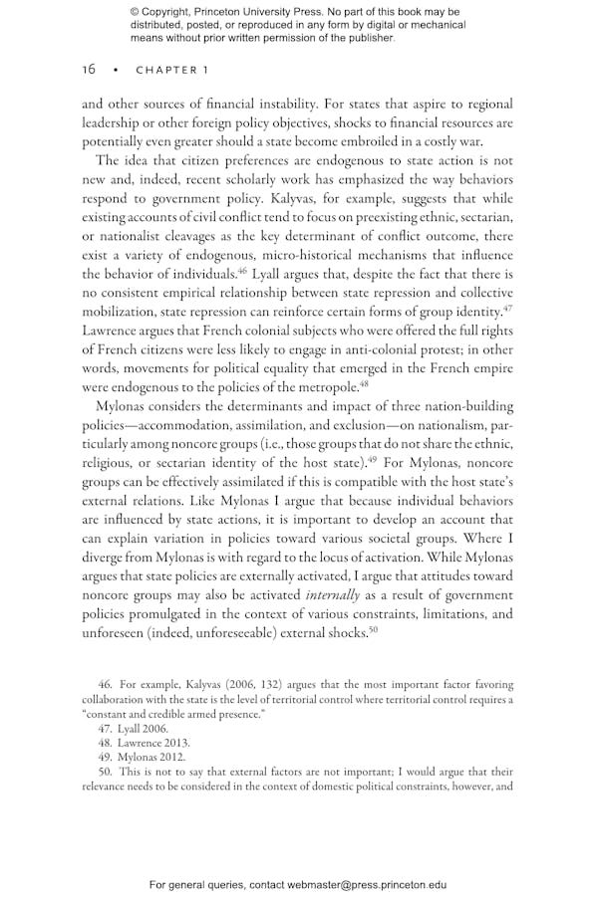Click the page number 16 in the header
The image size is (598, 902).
pos(89,69)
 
